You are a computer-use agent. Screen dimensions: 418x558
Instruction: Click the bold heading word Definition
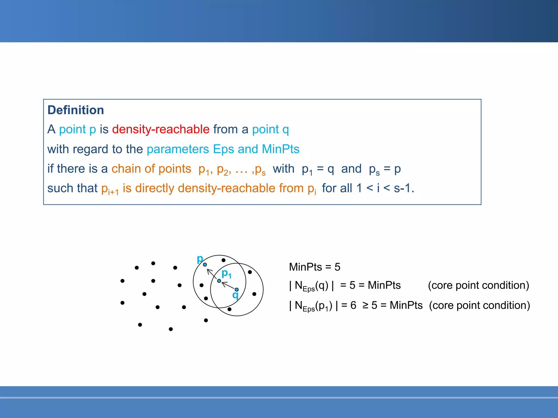[x=75, y=110]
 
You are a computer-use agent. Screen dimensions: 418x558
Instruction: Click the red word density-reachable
[x=161, y=129]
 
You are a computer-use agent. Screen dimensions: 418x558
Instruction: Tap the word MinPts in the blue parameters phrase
[x=280, y=149]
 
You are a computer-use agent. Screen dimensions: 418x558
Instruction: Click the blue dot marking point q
[x=236, y=290]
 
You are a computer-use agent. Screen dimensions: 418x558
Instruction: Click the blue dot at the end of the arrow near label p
[x=205, y=265]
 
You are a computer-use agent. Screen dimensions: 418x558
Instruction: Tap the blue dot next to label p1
[x=219, y=281]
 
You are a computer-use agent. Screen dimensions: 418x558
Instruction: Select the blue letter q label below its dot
[x=235, y=295]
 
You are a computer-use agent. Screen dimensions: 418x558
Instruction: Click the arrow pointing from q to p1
[x=228, y=285]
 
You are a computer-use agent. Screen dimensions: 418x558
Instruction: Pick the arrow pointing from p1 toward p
[x=212, y=273]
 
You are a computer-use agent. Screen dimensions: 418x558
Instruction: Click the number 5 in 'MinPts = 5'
[x=337, y=267]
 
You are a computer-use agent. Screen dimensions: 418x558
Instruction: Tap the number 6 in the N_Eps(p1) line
[x=353, y=305]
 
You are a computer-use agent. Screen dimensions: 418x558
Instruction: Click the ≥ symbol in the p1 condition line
[x=365, y=305]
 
